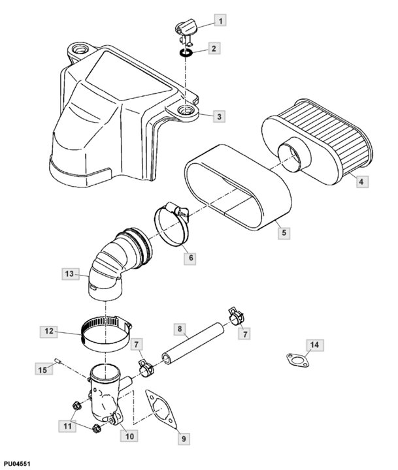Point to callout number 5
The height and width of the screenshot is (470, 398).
(282, 231)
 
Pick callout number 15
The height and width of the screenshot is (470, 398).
(42, 369)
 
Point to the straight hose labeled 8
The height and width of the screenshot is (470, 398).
(195, 340)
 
